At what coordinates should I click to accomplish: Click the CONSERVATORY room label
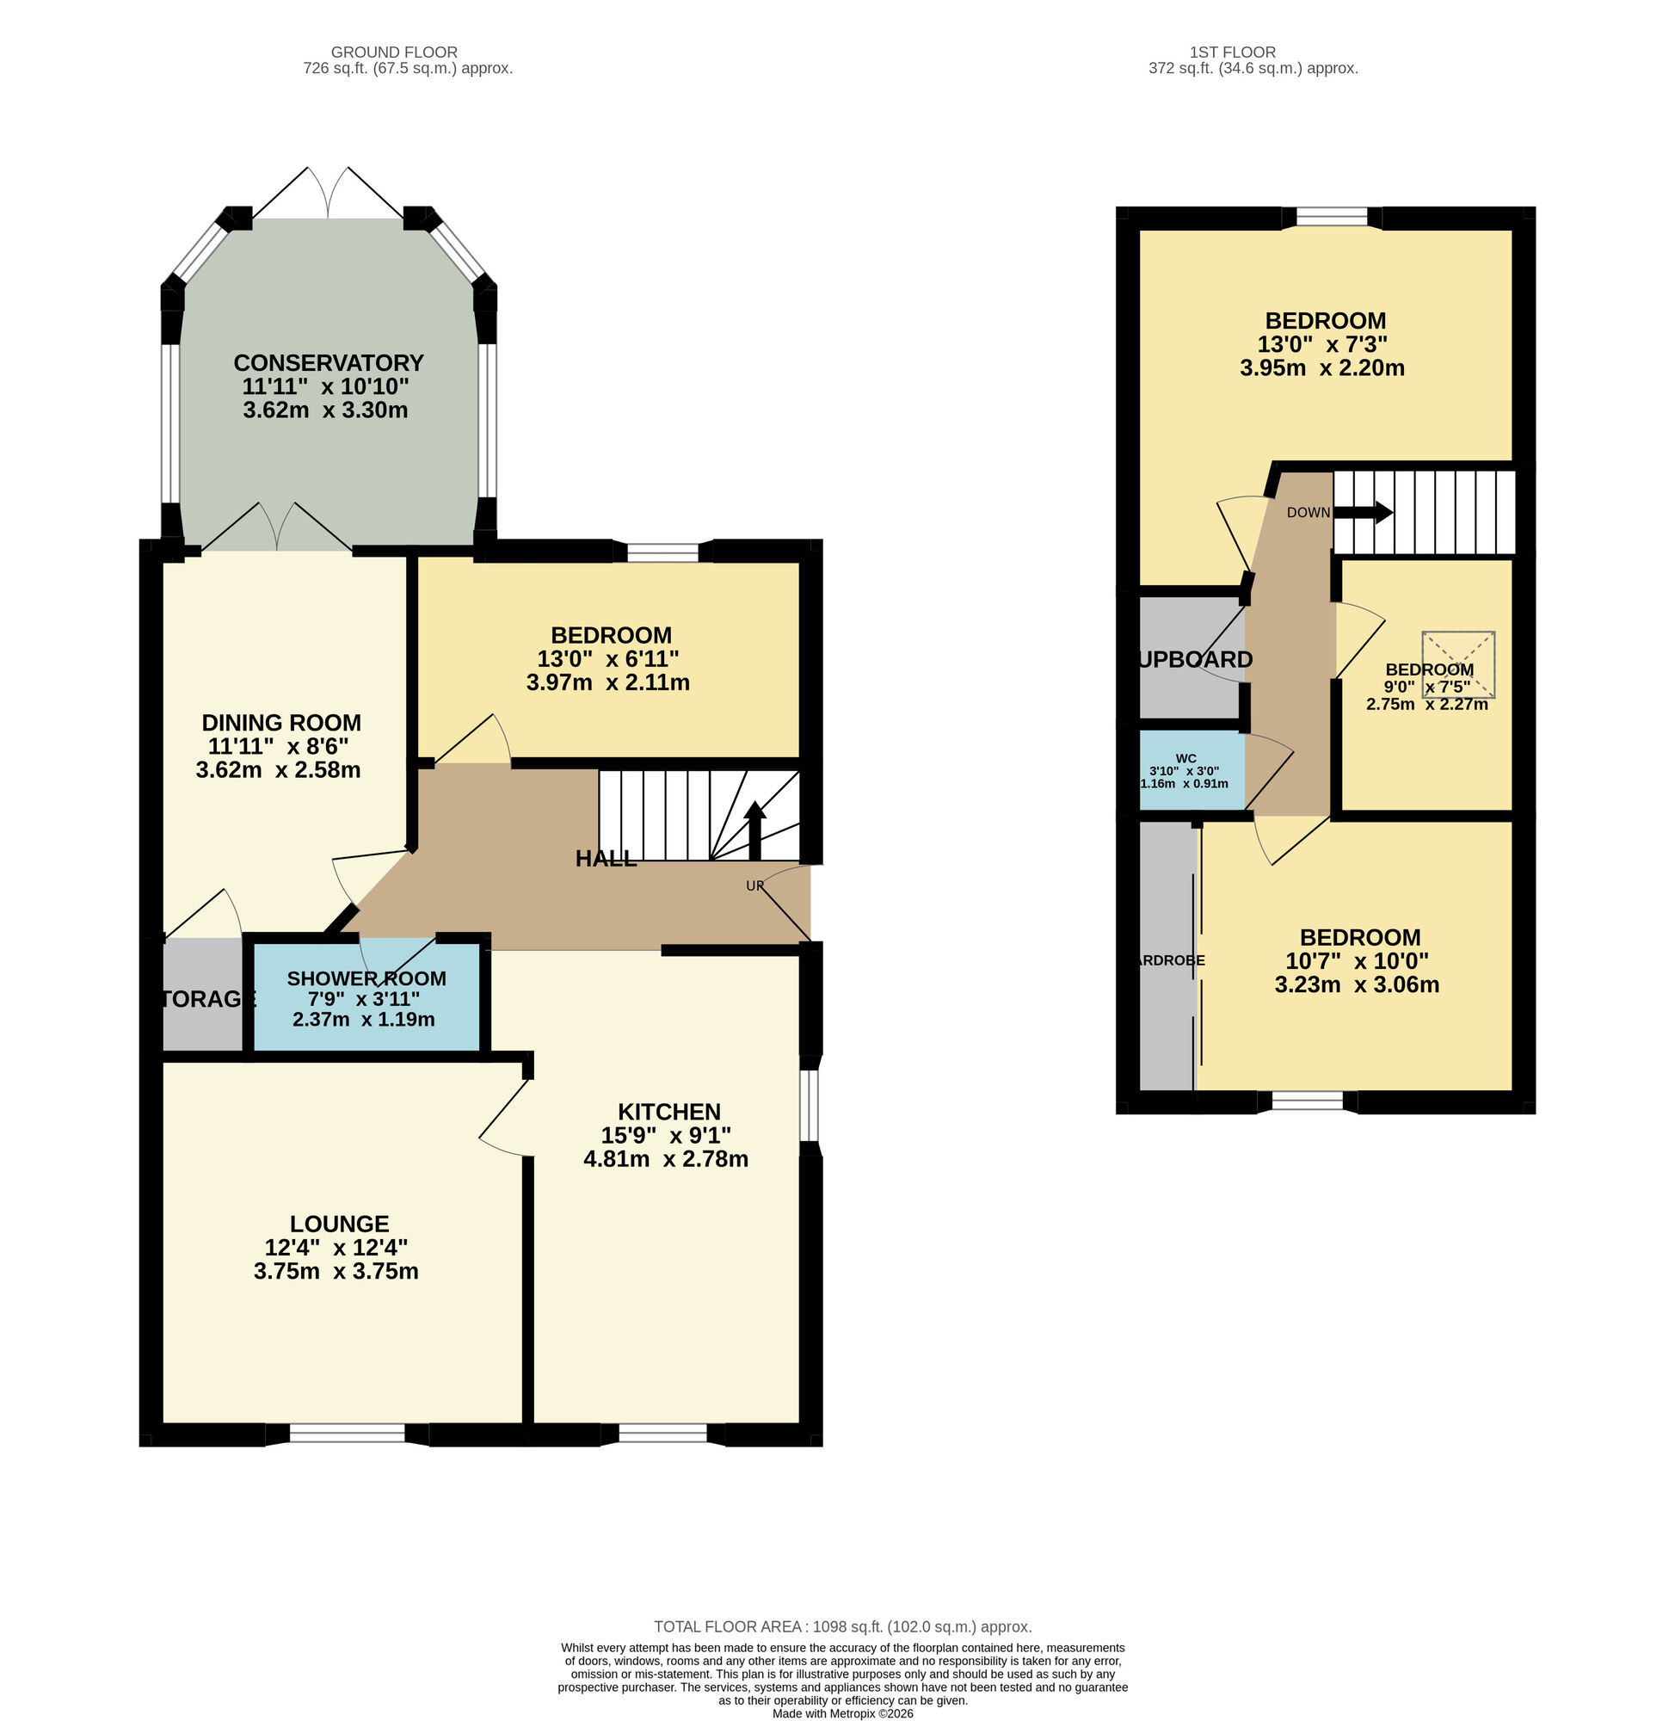point(328,363)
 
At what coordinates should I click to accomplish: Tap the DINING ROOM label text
point(280,723)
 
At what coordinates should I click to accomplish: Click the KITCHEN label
point(668,1112)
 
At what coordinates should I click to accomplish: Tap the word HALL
point(606,860)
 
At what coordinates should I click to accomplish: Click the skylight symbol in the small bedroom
point(1457,664)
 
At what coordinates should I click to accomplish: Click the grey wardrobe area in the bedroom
point(1167,959)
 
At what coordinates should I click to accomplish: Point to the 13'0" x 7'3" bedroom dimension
point(1325,344)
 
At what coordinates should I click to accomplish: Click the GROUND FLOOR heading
point(394,52)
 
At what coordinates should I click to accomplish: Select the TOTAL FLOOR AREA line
point(842,1627)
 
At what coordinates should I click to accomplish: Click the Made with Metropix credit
point(842,1713)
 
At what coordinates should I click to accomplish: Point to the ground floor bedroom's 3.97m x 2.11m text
point(607,682)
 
